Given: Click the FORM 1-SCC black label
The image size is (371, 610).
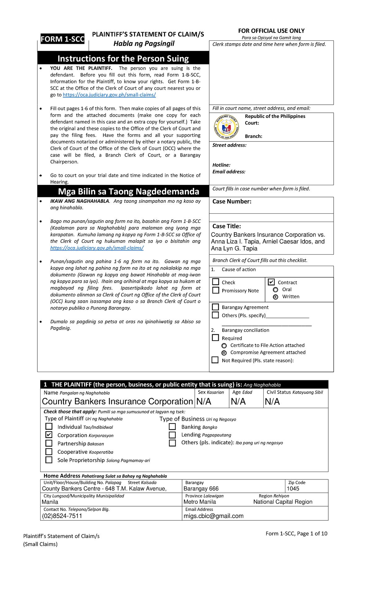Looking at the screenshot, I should coord(62,39).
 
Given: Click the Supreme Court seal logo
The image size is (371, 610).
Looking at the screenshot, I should coord(226,127).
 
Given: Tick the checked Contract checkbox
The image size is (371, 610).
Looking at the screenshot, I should coord(271,282).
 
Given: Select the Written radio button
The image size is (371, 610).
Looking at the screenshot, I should coord(275,297).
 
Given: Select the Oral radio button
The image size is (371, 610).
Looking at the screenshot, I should coord(275,290).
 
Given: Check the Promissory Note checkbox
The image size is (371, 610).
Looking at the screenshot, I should coord(216,290).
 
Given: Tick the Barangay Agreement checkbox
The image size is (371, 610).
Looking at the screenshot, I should coord(215,307).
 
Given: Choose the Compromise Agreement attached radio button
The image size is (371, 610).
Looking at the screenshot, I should coord(224,353).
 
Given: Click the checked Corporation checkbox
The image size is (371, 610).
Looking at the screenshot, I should coord(49,435).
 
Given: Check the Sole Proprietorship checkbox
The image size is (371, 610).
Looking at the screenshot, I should coord(49,460).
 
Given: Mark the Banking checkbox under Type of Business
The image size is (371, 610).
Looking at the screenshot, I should coord(172,427).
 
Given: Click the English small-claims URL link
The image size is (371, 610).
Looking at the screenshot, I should coord(109,95).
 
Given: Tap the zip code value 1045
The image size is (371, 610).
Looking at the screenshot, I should coord(293,489).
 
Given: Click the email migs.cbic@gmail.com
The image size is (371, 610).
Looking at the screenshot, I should coord(214,516).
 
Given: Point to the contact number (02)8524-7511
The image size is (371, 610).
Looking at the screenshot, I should coord(62,516).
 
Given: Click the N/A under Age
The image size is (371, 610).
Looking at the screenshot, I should coord(238,401).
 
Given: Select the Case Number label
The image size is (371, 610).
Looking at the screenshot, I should coord(232,202).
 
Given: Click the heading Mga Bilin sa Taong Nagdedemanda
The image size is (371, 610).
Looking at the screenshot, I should coord(128,191).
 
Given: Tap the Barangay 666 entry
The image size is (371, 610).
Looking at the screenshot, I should coord(201,489).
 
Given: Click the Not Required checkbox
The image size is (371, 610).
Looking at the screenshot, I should coord(215,360).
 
